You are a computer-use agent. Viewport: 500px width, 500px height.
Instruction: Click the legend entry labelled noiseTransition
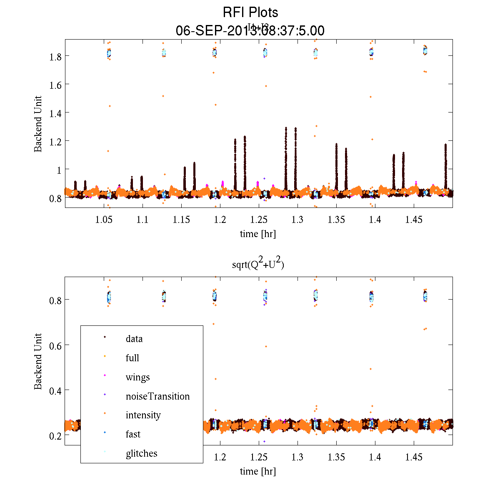pos(157,396)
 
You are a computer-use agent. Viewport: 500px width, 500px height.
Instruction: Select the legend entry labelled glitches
pos(141,453)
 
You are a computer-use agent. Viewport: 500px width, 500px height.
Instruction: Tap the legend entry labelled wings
pos(137,377)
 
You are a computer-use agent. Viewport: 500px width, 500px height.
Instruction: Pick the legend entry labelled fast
pos(133,434)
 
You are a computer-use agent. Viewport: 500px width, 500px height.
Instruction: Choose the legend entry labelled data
pos(134,339)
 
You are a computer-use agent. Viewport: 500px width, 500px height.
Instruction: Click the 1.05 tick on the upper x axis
pos(103,220)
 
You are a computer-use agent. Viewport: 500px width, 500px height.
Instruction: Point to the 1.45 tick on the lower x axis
pos(414,457)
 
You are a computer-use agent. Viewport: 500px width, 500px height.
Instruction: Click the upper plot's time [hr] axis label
pos(258,234)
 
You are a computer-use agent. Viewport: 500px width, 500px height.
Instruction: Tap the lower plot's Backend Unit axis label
pos(38,361)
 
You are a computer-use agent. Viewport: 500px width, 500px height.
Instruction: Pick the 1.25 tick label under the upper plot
pos(258,220)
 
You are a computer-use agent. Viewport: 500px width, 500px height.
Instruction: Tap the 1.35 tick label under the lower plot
pos(336,457)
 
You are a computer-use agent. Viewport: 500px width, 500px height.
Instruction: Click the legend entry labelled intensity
pos(143,415)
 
